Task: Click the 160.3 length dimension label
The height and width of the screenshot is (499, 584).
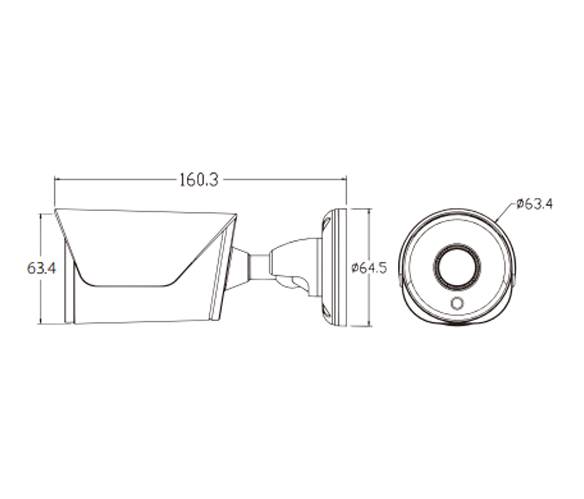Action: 199,180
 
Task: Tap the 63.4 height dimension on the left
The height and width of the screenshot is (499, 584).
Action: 41,268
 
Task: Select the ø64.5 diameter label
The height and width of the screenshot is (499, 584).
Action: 369,268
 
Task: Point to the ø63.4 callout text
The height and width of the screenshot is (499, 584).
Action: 535,204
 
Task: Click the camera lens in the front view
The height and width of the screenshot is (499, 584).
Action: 457,267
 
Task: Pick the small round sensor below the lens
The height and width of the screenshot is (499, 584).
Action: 456,302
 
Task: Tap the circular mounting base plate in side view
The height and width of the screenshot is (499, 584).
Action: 335,268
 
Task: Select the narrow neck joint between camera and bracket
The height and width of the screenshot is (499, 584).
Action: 259,267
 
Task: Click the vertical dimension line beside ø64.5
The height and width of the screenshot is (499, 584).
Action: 369,268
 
